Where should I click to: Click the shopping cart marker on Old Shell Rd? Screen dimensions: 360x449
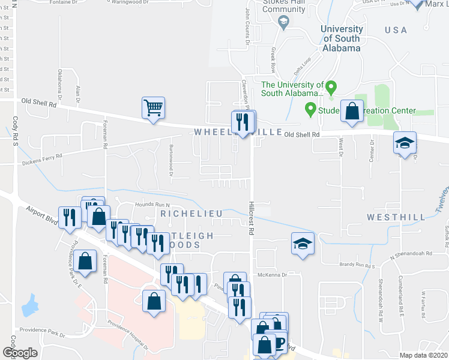click(x=153, y=109)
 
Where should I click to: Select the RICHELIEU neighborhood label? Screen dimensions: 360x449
click(x=191, y=214)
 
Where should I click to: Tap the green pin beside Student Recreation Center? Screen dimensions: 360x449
click(x=310, y=109)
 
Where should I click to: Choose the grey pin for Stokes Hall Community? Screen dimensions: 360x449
click(x=283, y=22)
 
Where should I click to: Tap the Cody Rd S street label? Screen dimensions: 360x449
click(x=14, y=131)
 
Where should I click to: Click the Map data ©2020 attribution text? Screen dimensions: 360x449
click(x=423, y=355)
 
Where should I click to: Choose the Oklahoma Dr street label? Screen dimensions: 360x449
click(x=59, y=84)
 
